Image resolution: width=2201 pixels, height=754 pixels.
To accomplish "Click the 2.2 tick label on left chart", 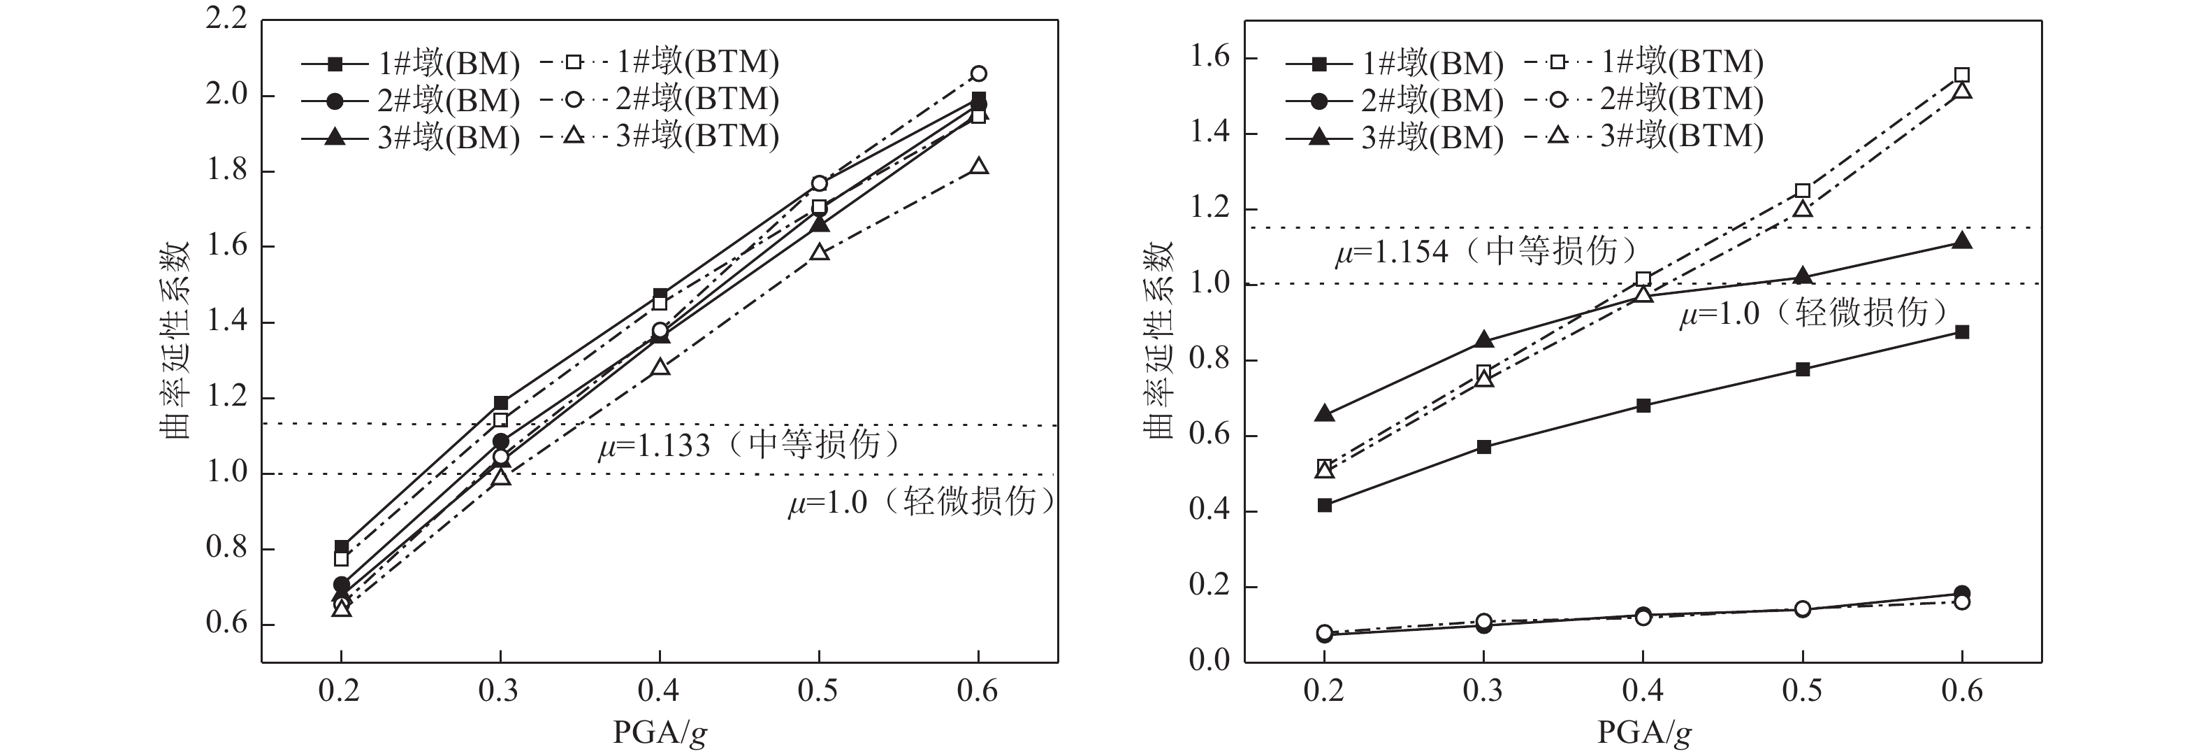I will (226, 19).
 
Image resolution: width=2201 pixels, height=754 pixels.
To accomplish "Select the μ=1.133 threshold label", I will (748, 445).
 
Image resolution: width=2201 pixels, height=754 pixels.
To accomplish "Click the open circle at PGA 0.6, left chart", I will (978, 73).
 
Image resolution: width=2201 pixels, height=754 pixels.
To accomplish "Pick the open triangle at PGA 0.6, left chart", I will (979, 166).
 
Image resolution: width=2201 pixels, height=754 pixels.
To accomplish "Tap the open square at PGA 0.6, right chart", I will (1962, 76).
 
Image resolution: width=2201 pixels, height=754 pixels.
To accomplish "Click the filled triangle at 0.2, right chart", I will (1324, 414).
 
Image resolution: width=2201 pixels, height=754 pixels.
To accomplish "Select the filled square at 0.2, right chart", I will (1324, 505).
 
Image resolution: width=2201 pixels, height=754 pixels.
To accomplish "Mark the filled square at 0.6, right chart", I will (1962, 332).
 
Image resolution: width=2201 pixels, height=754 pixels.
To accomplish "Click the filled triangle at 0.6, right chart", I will (1962, 241).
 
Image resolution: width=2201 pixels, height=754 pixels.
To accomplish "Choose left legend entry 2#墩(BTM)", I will (660, 100).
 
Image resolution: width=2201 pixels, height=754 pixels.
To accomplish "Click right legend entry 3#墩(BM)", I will (1395, 138).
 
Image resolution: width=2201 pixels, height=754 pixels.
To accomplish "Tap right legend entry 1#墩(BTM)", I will (1644, 62).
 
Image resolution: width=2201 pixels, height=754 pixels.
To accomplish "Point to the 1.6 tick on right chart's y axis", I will (1210, 58).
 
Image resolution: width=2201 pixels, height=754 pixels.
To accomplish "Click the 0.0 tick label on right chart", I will (1210, 660).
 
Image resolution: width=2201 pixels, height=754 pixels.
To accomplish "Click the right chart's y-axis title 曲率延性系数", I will (1159, 340).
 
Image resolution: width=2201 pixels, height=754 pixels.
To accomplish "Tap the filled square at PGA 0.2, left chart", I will (342, 547).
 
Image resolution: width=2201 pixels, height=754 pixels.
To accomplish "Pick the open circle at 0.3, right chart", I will (1484, 622).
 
